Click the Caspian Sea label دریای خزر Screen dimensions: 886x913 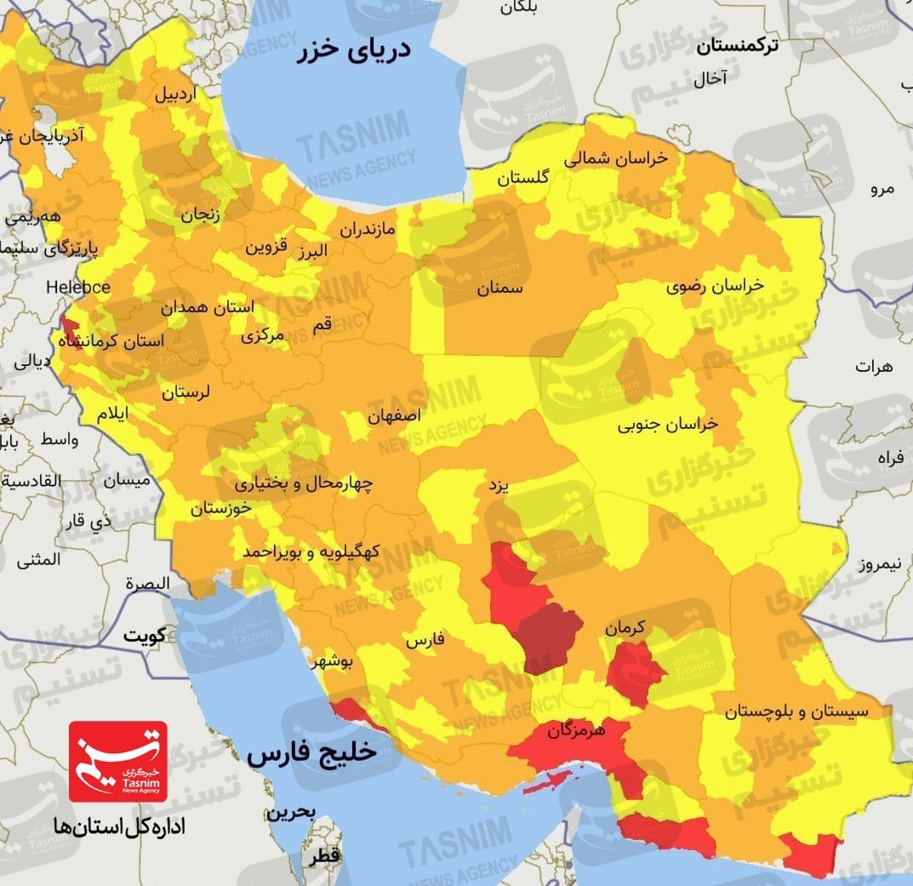click(x=354, y=49)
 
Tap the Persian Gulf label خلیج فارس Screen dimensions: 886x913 click(x=311, y=754)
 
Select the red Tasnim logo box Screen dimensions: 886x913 click(x=118, y=760)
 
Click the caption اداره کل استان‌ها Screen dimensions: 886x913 click(x=118, y=826)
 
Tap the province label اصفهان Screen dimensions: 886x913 click(x=395, y=417)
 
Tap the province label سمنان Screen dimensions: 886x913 click(x=499, y=289)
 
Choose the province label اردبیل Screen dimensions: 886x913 click(x=174, y=94)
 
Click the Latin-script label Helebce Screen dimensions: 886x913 click(x=78, y=288)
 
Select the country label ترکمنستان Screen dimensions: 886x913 click(x=737, y=48)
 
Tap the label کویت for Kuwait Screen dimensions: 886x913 click(x=144, y=635)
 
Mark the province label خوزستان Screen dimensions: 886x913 click(x=221, y=508)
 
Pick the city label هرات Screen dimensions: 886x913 click(x=875, y=367)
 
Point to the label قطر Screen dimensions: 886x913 click(x=327, y=855)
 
